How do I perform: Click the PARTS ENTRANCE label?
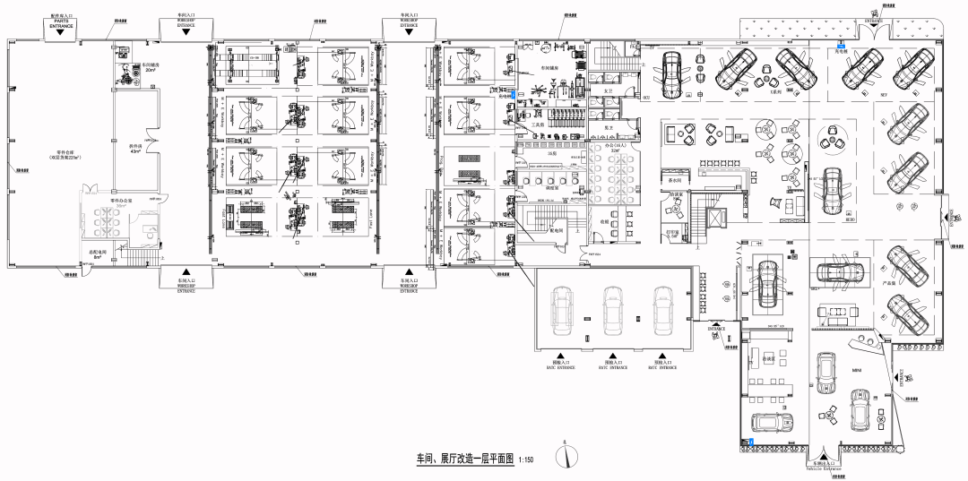tap(62, 25)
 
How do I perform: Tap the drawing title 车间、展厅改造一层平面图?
tap(464, 458)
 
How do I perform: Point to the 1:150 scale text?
tap(526, 460)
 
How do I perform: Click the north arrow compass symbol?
tap(566, 454)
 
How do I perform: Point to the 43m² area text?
tap(135, 150)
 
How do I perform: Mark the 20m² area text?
tap(149, 69)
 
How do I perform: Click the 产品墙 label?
tap(890, 282)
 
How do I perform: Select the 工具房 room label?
tap(541, 125)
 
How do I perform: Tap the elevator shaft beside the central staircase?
tap(714, 218)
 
